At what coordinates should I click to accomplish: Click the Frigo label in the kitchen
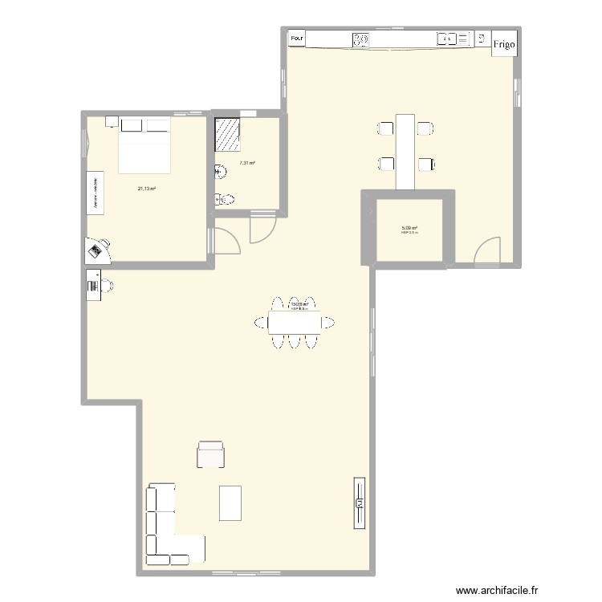[505, 45]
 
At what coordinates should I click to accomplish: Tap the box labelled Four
[297, 38]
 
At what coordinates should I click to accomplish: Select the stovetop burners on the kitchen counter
[361, 38]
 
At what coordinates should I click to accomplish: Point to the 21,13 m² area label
[146, 189]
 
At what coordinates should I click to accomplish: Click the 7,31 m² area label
[247, 163]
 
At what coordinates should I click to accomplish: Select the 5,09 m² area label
[409, 228]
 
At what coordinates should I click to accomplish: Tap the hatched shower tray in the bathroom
[228, 135]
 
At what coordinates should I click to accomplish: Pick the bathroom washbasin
[219, 170]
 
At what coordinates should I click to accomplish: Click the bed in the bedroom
[144, 148]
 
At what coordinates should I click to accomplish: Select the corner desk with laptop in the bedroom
[99, 250]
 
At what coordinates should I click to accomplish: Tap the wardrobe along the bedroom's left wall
[95, 193]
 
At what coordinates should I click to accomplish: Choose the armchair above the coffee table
[210, 454]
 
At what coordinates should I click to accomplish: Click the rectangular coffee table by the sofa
[230, 503]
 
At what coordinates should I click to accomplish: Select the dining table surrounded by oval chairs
[294, 323]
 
